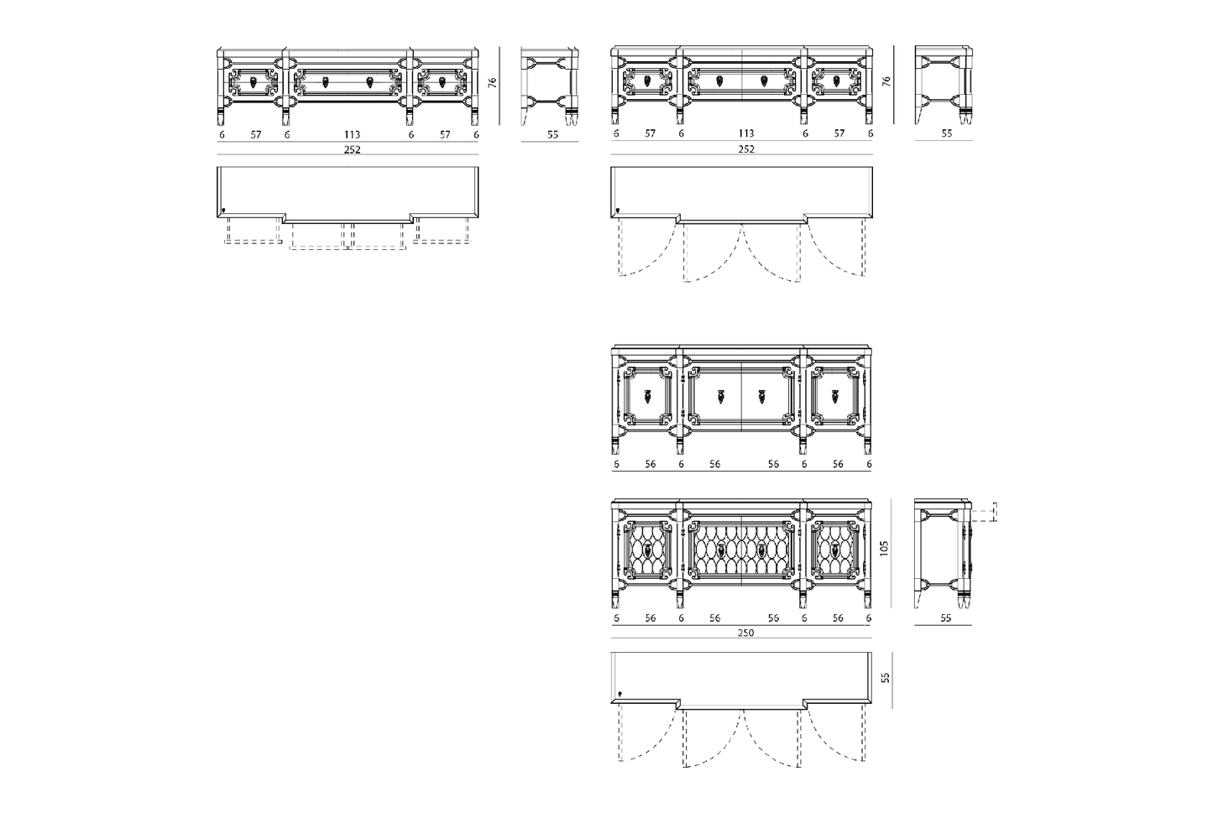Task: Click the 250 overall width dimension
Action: tap(745, 633)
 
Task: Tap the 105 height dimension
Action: tap(884, 549)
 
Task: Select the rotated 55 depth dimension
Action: tap(886, 677)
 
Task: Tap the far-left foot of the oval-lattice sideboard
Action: tap(615, 600)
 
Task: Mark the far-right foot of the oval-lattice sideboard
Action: tap(867, 600)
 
